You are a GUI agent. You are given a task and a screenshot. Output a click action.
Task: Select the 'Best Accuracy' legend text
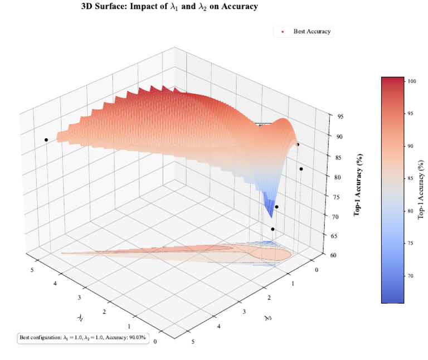coord(312,31)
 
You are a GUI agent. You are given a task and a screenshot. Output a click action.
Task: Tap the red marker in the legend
coord(283,32)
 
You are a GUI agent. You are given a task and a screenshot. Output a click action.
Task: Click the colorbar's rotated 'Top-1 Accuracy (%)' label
coord(422,189)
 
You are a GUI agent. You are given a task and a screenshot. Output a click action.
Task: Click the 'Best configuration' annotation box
coord(84,338)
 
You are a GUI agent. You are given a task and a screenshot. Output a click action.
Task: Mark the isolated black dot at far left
coord(46,139)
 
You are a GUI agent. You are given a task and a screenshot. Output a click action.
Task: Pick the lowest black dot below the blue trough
coord(273,229)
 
